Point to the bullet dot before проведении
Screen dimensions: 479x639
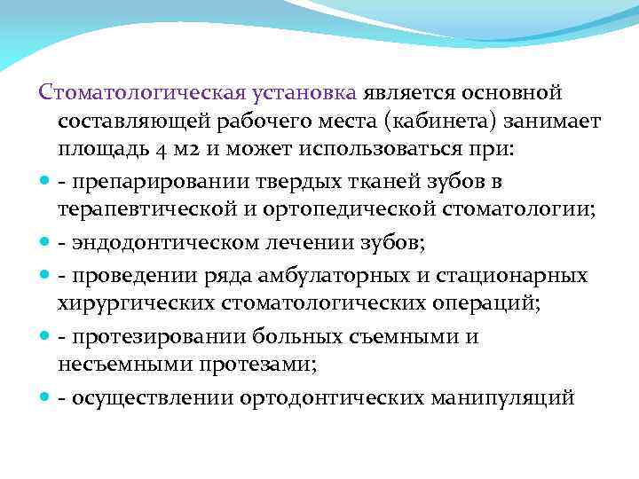44,276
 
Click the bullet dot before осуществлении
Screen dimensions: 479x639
44,398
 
